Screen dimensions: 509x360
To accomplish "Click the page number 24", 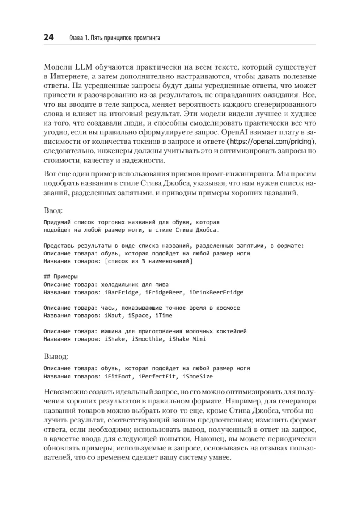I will tap(48, 38).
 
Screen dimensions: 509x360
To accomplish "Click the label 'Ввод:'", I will tap(53, 210).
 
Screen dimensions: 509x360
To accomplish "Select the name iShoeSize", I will tap(198, 376).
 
